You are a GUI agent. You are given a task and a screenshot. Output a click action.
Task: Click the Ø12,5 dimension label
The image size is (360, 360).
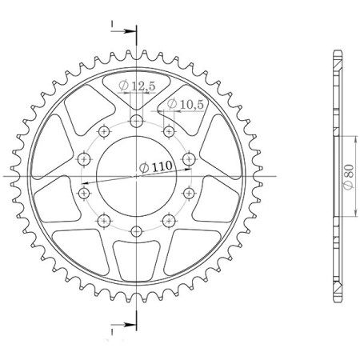tap(135, 86)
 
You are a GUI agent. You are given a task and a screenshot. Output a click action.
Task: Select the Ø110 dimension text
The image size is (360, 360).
tap(154, 166)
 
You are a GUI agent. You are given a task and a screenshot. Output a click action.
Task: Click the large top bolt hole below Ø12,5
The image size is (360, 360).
tap(136, 121)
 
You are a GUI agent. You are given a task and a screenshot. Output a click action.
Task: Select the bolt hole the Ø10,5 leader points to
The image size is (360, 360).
tap(168, 130)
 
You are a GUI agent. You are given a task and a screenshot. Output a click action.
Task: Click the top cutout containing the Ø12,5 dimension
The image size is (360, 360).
tap(136, 84)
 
